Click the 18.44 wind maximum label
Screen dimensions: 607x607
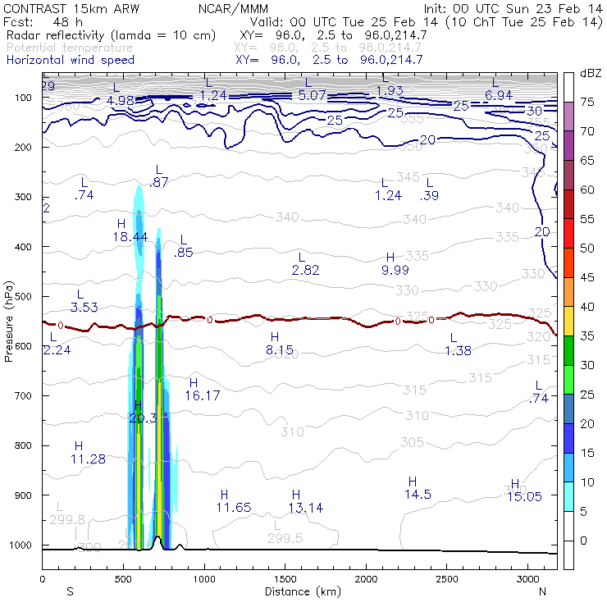pos(130,236)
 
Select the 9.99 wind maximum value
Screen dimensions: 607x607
pos(395,270)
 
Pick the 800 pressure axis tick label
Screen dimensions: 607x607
pos(24,445)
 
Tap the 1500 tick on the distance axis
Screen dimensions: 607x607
pos(285,579)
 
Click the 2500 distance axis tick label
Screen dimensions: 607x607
pos(446,579)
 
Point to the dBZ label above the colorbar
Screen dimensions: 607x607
pos(590,73)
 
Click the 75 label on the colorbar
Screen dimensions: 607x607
pos(587,102)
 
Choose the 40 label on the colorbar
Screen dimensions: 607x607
pos(587,306)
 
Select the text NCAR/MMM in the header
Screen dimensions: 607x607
pos(227,9)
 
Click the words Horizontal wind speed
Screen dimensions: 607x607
pos(71,60)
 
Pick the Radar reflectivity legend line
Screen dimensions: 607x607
pos(111,35)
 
